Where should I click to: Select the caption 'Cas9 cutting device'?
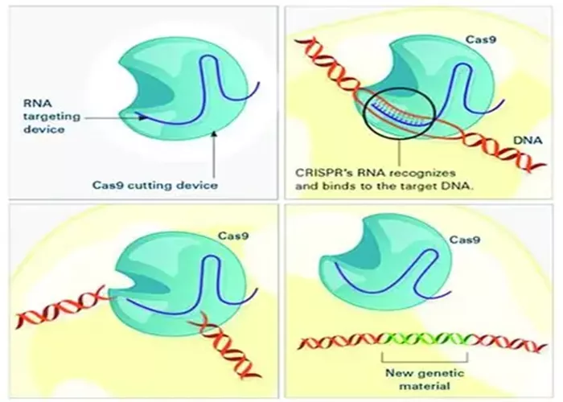pos(155,185)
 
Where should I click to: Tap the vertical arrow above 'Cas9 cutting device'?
pos(215,154)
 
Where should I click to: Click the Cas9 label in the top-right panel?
pos(481,39)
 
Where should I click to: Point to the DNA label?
pos(528,141)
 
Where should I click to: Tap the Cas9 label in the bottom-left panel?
pos(233,236)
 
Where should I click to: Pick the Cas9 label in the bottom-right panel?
pos(465,240)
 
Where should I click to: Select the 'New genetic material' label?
pos(425,379)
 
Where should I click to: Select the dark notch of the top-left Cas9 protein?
pos(151,90)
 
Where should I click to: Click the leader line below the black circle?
pos(399,153)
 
